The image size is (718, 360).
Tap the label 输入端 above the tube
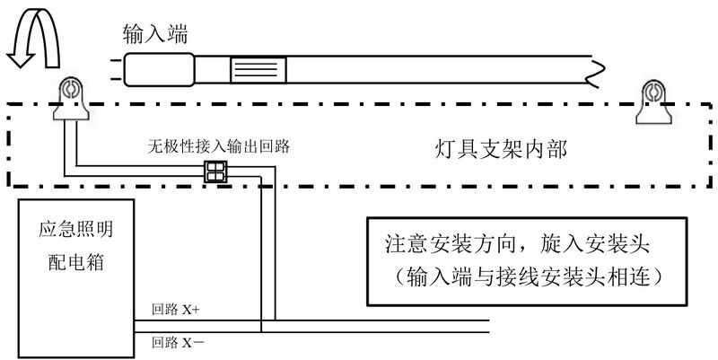pos(154,33)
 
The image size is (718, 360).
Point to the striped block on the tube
pos(258,68)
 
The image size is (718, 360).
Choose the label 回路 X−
pos(177,341)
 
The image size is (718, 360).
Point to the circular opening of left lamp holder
pos(68,90)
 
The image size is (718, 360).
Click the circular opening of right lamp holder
pos(653,92)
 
